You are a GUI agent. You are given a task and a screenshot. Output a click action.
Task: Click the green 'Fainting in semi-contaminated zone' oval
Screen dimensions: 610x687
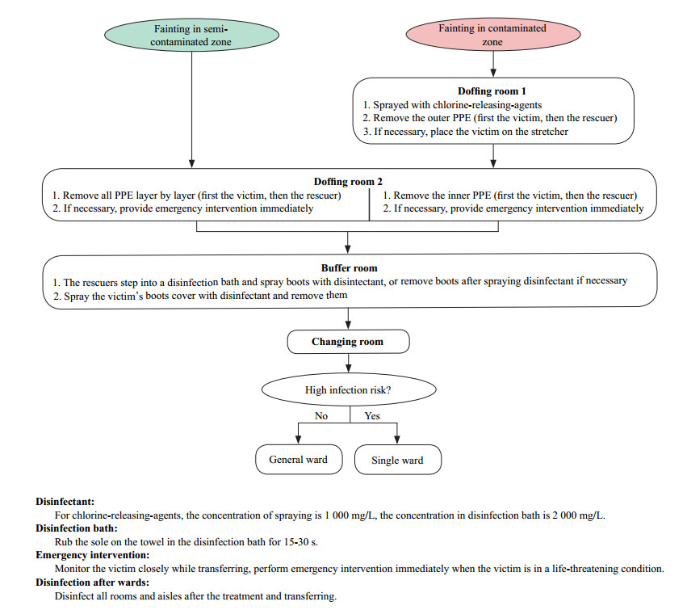coord(191,36)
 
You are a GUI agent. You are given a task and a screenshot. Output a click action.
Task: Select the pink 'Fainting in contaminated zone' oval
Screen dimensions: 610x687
coord(492,35)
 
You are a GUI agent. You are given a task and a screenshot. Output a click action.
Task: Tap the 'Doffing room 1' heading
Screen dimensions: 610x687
coord(492,90)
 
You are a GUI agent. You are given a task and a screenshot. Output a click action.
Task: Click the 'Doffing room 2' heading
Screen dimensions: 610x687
coord(346,181)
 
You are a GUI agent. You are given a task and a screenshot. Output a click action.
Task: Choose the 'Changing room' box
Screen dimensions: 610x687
coord(347,342)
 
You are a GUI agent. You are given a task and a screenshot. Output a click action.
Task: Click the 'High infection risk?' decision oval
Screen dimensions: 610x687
coord(348,390)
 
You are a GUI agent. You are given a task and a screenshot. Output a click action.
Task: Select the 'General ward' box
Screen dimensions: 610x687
coord(298,460)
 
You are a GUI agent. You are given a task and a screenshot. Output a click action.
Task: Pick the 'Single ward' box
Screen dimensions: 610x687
coord(398,461)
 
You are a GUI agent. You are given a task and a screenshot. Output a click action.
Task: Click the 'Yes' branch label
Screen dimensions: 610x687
coord(372,416)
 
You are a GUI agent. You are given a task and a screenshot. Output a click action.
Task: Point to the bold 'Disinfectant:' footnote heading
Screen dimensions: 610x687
coord(64,501)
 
